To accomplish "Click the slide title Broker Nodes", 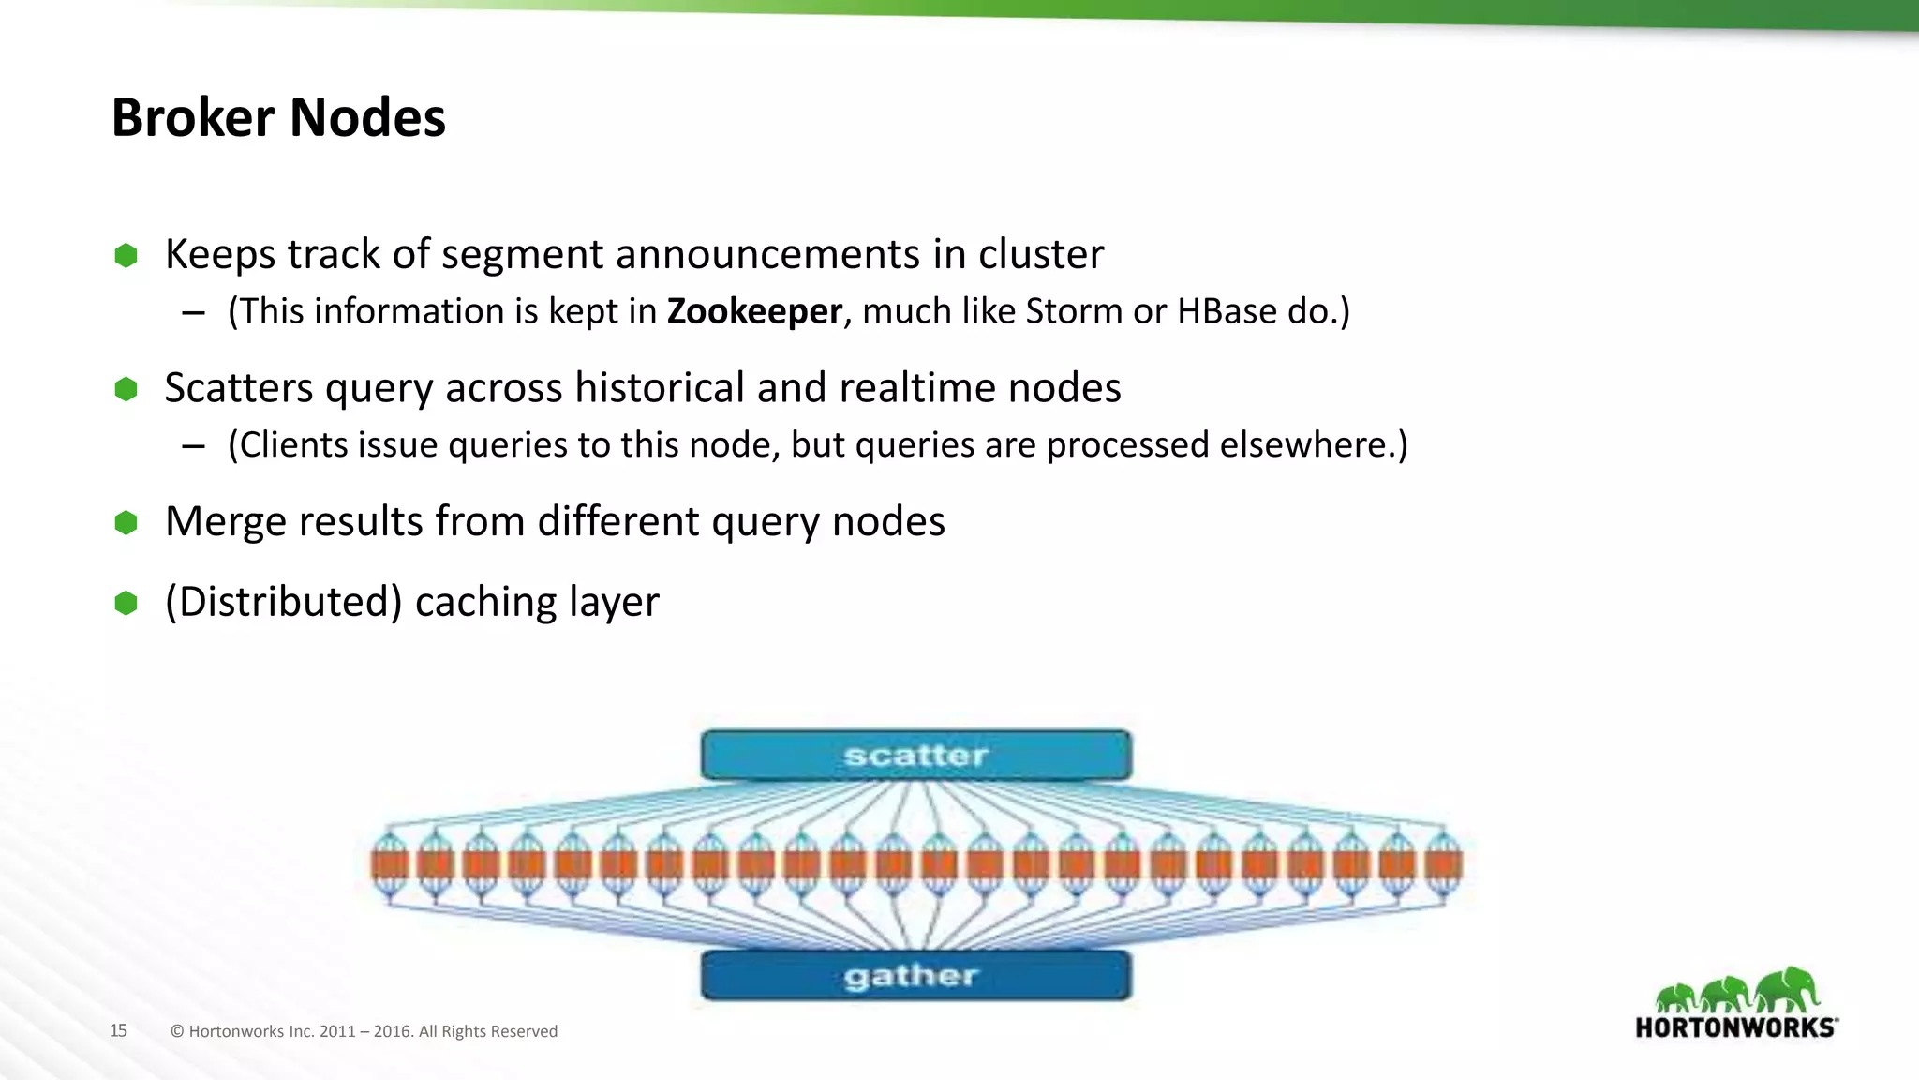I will (x=278, y=118).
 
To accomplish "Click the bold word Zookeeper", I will (x=754, y=311).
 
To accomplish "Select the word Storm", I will (x=1074, y=311).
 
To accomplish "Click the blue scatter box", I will (x=915, y=756).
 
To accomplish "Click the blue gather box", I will (x=915, y=976).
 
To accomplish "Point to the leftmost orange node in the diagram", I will (x=390, y=863).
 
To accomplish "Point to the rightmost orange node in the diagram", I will (x=1443, y=863).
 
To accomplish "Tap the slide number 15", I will (x=118, y=1030).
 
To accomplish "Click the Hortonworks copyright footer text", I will (x=364, y=1031).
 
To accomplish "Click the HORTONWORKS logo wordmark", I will (x=1735, y=1027).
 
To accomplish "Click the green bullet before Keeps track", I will (x=126, y=255).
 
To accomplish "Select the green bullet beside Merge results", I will (x=126, y=522).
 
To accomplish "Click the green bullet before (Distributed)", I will (x=126, y=603).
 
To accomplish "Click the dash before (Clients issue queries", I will (x=193, y=446).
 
